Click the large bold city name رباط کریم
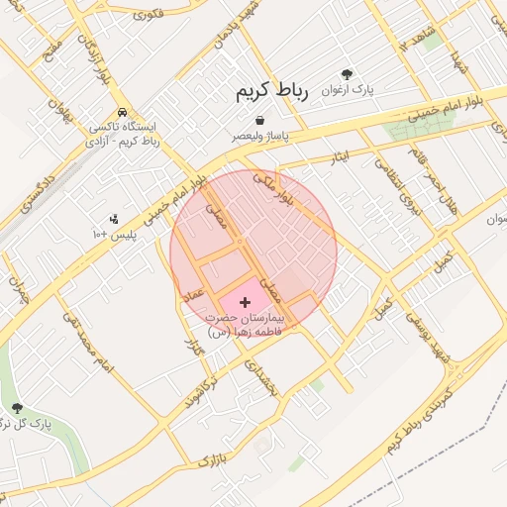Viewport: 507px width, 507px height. pos(271,91)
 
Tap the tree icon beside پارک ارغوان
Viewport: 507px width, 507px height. pos(347,74)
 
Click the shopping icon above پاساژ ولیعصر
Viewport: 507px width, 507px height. pos(258,120)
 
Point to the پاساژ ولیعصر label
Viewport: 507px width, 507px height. pos(260,137)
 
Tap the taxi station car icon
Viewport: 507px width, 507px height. pos(121,112)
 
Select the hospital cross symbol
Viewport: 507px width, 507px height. pos(246,300)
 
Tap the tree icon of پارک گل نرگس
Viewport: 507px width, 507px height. pos(17,407)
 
